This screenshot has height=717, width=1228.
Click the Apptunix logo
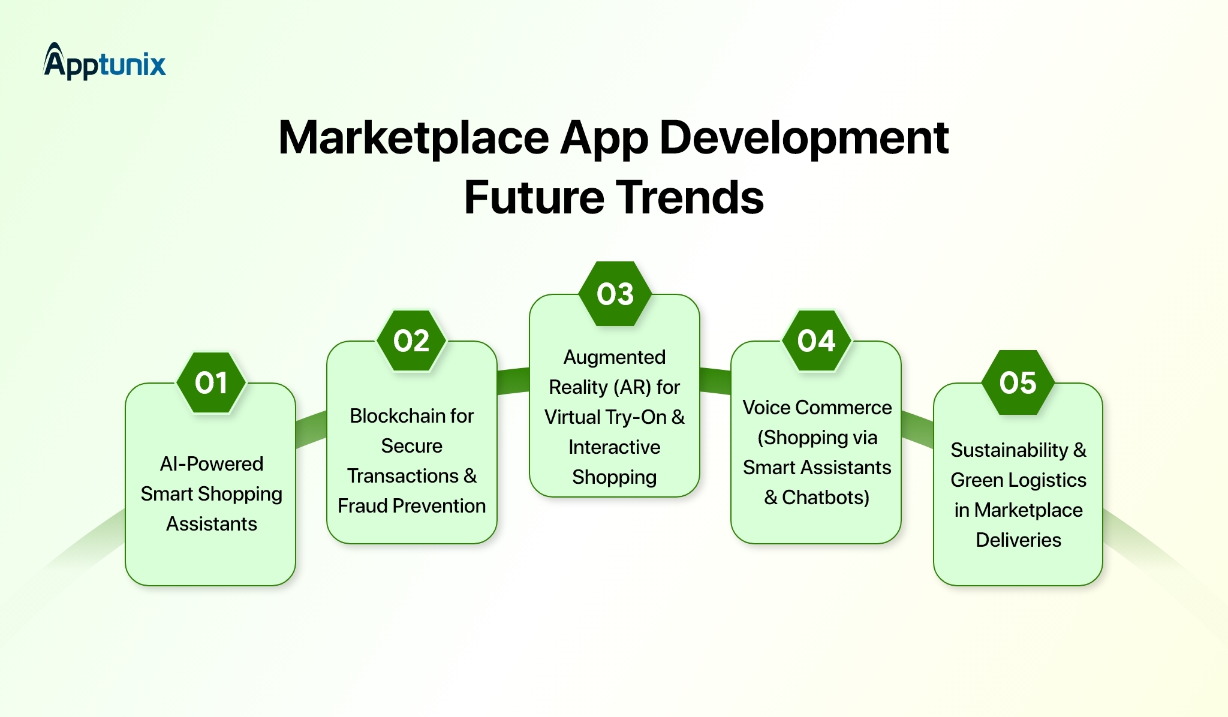click(104, 62)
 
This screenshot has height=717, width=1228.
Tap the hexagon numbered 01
click(211, 383)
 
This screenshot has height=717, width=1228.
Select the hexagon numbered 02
click(411, 341)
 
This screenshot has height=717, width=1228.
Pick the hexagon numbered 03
click(615, 294)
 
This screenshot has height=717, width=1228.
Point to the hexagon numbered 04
click(817, 341)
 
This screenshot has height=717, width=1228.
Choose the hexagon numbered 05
click(1018, 383)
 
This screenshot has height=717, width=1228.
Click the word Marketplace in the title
click(413, 138)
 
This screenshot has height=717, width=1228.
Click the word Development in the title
click(803, 138)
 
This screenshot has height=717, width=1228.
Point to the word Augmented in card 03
click(615, 357)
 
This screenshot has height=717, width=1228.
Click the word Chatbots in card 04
click(825, 498)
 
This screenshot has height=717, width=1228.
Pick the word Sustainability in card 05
click(1009, 450)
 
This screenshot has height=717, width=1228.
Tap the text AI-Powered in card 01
click(211, 464)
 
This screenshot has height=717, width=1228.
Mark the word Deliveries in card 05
click(1018, 540)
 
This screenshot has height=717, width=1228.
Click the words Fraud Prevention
click(411, 506)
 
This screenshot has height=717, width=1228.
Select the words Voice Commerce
click(817, 408)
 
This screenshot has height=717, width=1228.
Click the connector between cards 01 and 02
click(311, 430)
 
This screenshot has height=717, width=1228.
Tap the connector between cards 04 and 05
click(917, 429)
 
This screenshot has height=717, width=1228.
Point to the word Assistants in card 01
click(211, 524)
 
